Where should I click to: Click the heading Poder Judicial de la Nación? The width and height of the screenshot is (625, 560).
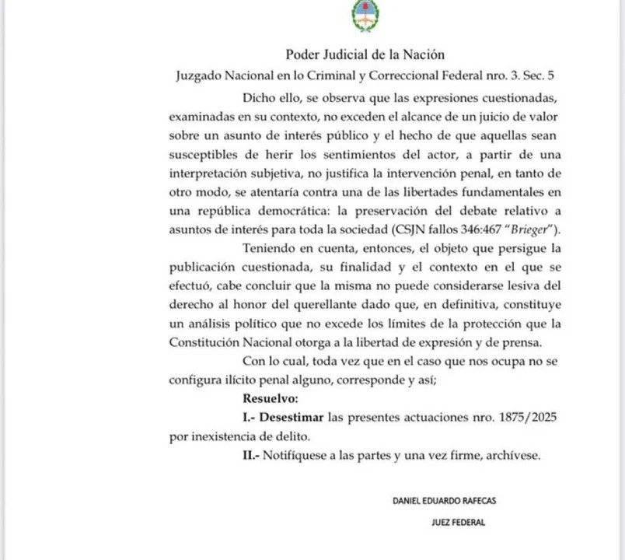click(365, 54)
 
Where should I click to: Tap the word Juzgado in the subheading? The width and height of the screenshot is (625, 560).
click(201, 76)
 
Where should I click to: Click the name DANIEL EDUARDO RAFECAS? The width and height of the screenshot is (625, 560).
click(444, 502)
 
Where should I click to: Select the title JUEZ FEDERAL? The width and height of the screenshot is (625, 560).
click(458, 523)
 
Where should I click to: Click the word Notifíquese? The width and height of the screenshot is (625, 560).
click(294, 455)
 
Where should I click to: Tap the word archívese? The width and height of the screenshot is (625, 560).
click(512, 455)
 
